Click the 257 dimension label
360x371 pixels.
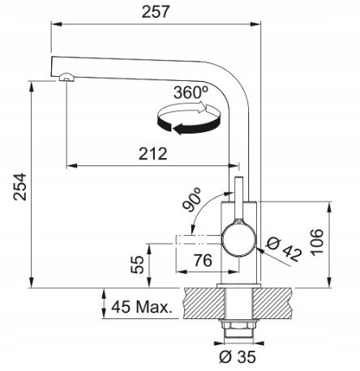(156, 12)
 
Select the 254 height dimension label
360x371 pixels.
(20, 187)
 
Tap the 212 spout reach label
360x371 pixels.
(153, 154)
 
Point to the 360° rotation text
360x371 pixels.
(191, 92)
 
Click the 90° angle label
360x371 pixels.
(192, 199)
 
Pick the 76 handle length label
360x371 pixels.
(203, 260)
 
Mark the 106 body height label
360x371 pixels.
(317, 242)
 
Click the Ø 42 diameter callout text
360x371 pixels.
(284, 249)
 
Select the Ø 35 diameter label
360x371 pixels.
(238, 357)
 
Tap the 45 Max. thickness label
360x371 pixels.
(142, 307)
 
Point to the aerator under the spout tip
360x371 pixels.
(66, 77)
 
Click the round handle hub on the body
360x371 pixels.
(238, 241)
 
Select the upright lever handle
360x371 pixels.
(239, 199)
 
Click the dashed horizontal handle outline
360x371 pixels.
(199, 240)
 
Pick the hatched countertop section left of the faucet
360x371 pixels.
(204, 303)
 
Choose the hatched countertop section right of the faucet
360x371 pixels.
(273, 303)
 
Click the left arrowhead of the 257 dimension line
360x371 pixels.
(56, 24)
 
